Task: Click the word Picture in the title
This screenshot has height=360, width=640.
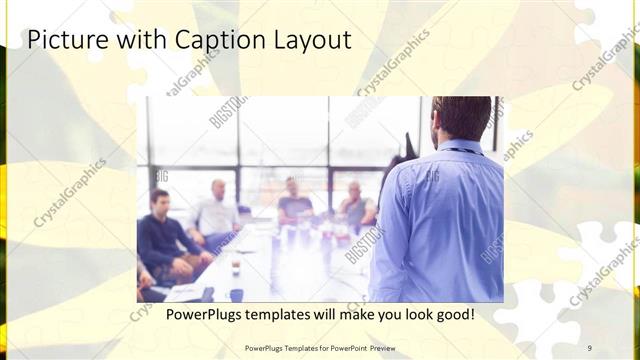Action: tap(62, 40)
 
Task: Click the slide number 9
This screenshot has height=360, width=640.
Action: tap(590, 347)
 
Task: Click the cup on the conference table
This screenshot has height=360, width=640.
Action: tap(236, 268)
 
